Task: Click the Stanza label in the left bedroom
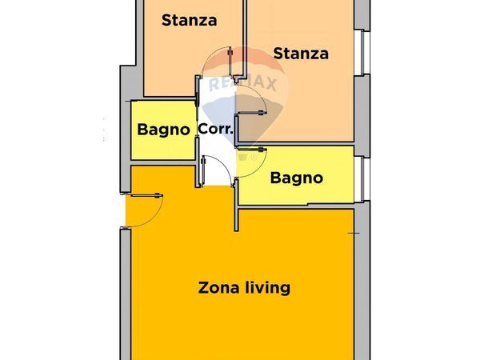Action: pos(189,21)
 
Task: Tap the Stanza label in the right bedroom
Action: pos(301,54)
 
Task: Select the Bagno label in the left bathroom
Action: pos(163,129)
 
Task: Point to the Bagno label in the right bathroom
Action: pos(296,178)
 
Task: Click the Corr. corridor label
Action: pos(215,129)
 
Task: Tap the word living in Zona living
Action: pos(267,287)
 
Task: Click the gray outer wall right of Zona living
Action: pos(361,288)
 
